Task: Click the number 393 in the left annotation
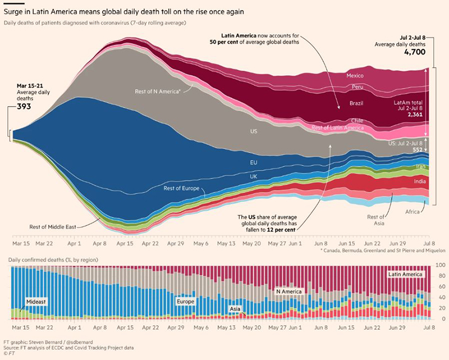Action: pyautogui.click(x=23, y=107)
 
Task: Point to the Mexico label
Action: pyautogui.click(x=355, y=75)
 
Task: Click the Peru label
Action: pyautogui.click(x=358, y=87)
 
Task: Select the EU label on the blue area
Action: pyautogui.click(x=254, y=162)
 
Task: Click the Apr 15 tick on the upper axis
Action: pyautogui.click(x=126, y=244)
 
